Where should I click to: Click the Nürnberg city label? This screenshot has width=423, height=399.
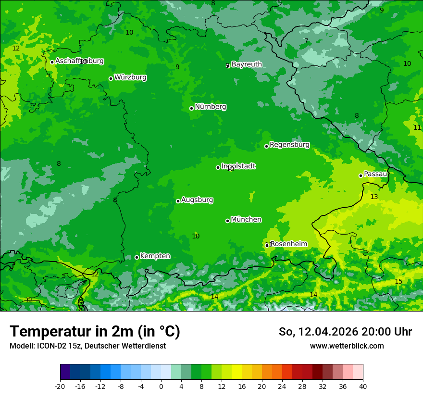click(210, 107)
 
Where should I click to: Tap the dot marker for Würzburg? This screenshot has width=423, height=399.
click(111, 78)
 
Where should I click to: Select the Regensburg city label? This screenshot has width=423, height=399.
click(289, 145)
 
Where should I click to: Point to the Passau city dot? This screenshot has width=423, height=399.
click(361, 175)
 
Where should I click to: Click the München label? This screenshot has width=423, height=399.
click(246, 220)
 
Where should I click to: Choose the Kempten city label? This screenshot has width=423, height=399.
click(155, 256)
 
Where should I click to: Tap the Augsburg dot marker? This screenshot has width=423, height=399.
click(178, 201)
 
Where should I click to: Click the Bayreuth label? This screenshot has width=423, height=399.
click(247, 64)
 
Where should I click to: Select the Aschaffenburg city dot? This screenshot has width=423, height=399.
click(52, 62)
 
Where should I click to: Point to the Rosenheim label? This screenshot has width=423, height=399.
click(288, 244)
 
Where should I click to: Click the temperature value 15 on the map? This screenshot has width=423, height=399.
click(398, 281)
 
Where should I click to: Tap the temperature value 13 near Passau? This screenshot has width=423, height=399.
click(374, 197)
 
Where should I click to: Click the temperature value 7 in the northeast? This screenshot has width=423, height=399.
click(306, 41)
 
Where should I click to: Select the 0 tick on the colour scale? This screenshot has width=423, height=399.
click(161, 386)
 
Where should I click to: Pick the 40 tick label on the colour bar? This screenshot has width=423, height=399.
click(362, 386)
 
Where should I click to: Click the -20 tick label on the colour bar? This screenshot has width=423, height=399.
click(60, 386)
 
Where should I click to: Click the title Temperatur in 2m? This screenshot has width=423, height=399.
click(95, 332)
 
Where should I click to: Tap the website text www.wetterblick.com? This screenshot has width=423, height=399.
click(347, 346)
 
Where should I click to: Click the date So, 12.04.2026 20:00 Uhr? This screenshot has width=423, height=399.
click(345, 332)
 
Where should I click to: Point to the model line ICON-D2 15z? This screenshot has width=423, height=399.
click(87, 346)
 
